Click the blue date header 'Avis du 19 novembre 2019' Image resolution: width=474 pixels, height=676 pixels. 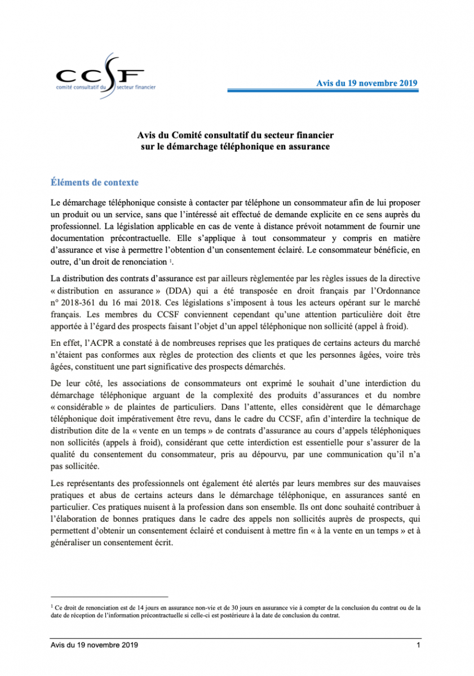pyautogui.click(x=366, y=82)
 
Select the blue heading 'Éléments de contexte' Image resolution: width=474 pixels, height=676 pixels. pyautogui.click(x=94, y=183)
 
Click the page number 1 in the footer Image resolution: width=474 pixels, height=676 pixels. pyautogui.click(x=418, y=644)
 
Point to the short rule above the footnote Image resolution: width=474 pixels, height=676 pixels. pyautogui.click(x=109, y=597)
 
